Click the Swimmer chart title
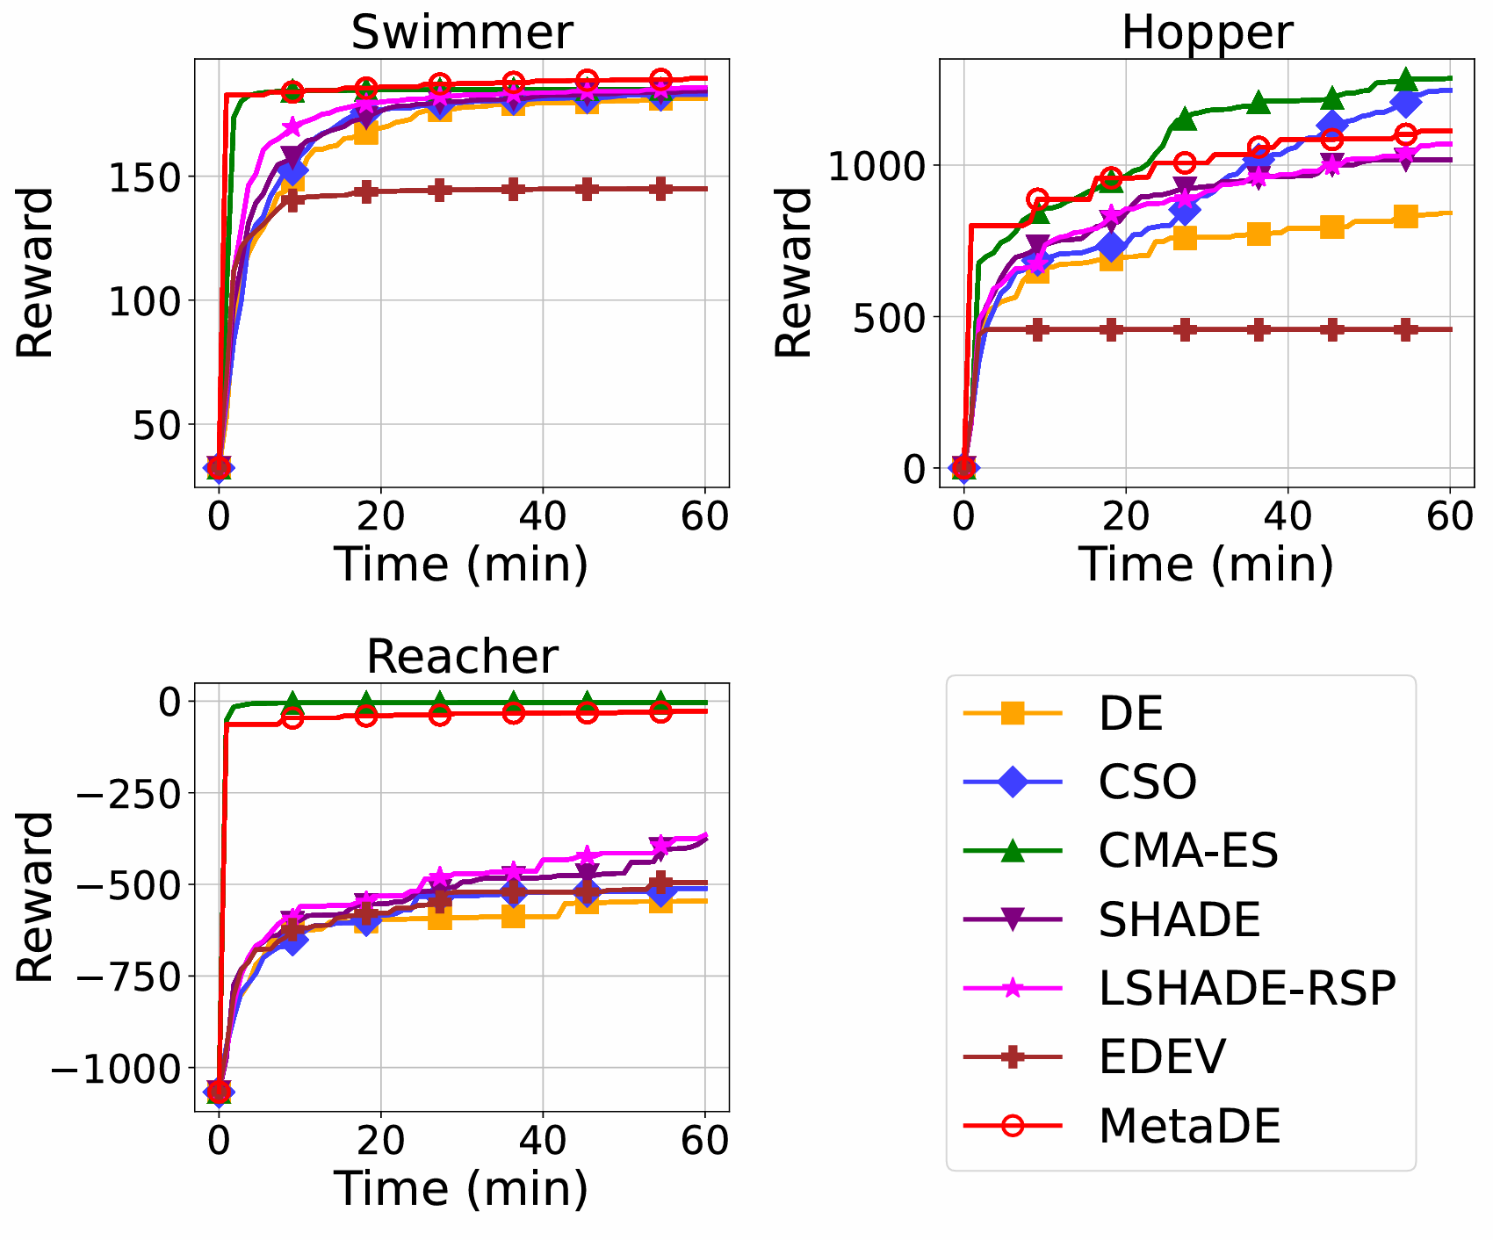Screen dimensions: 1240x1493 coord(462,33)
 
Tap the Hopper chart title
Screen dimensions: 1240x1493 coord(1207,33)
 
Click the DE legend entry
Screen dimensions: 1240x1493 coord(1130,714)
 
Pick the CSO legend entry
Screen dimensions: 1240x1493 coord(1147,782)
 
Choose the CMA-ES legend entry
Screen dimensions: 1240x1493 coord(1187,850)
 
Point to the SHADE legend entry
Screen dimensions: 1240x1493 coord(1179,919)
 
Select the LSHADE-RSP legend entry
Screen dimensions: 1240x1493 coord(1246,988)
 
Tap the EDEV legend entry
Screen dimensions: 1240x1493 coord(1161,1056)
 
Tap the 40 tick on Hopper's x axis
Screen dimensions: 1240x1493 coord(1287,517)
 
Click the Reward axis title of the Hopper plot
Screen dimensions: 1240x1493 coord(795,272)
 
